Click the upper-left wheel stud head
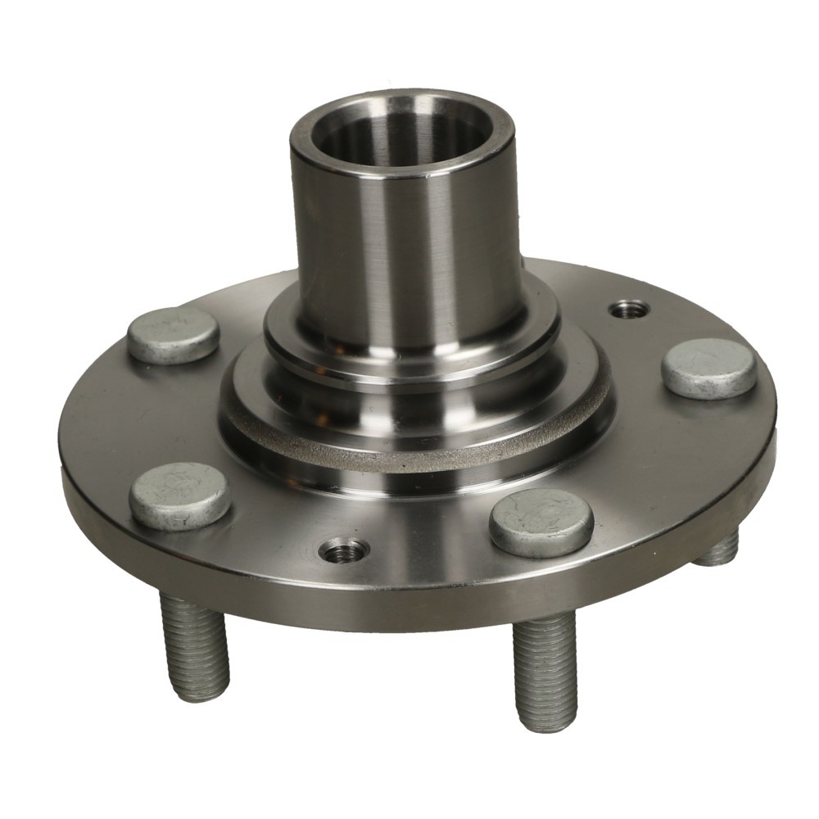(x=174, y=334)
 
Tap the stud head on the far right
(x=708, y=368)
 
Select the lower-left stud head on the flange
(x=179, y=495)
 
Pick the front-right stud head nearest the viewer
(x=542, y=522)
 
